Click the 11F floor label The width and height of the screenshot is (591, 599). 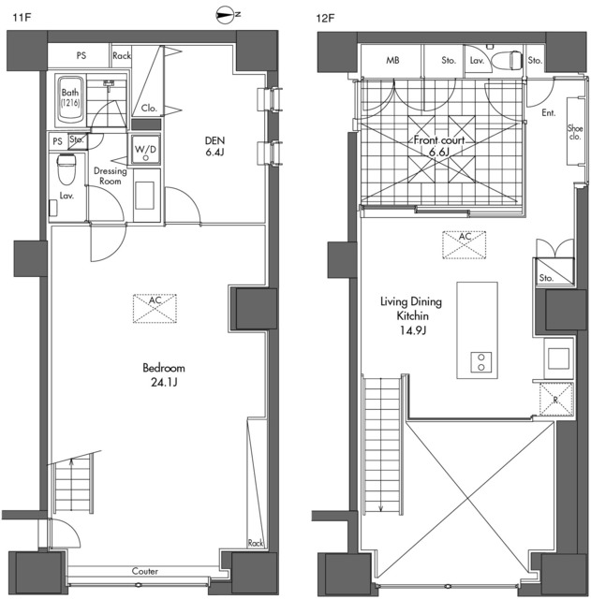22,18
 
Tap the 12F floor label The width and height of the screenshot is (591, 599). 325,18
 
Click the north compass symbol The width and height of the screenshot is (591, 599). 228,15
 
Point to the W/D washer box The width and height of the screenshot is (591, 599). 145,150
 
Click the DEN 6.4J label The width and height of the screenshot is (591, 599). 214,146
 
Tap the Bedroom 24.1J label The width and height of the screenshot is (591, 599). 164,374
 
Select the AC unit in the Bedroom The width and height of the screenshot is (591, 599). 155,308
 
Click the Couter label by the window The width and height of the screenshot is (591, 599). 145,571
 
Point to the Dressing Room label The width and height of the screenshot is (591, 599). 111,176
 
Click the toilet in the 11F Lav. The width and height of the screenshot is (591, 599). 66,168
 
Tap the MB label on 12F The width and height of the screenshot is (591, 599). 392,60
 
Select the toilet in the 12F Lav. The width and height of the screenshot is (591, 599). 507,60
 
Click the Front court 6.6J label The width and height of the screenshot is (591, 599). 439,146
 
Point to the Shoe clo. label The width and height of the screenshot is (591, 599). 575,132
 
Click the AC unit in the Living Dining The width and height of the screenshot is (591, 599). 464,245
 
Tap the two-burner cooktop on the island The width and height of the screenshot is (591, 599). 480,362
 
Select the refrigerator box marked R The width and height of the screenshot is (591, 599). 556,400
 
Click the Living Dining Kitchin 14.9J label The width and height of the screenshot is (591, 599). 411,316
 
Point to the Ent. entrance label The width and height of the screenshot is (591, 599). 549,112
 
